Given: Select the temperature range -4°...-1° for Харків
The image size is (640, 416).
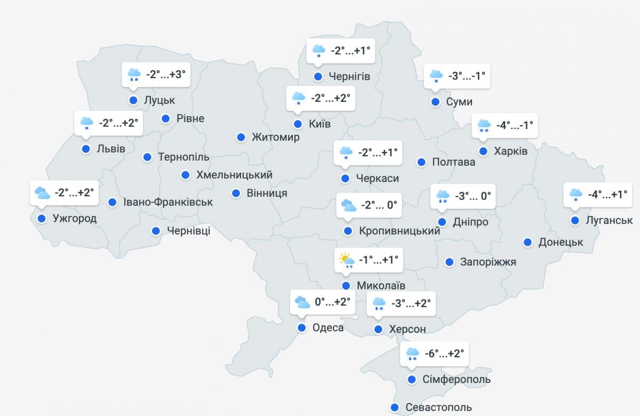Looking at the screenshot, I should point(514,126).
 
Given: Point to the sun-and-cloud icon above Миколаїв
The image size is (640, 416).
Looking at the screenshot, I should point(347,260).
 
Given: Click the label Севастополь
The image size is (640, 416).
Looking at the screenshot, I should point(438,407).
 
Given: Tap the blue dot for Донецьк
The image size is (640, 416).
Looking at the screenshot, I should point(527,242).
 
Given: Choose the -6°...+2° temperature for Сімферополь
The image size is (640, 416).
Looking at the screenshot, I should point(444,353).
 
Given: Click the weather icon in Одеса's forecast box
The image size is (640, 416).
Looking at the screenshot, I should point(302,302).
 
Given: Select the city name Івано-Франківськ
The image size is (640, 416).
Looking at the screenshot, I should point(168,202).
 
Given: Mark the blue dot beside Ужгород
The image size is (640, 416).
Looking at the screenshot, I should point(42,218).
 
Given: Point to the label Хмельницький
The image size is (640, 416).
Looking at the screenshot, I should point(234,174).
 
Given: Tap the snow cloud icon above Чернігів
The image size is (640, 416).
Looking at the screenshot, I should point(319,51).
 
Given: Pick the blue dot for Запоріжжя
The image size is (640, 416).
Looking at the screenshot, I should point(450,262).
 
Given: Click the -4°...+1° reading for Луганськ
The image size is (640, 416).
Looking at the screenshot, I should point(607,195).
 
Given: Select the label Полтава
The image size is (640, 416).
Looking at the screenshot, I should point(453,162).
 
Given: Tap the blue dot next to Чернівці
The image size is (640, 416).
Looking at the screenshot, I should point(156,231).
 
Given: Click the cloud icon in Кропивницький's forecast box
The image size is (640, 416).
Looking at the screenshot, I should point(348,205).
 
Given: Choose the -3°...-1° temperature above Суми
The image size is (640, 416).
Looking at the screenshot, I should point(467,76).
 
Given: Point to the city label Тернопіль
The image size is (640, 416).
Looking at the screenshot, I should point(183,157).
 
